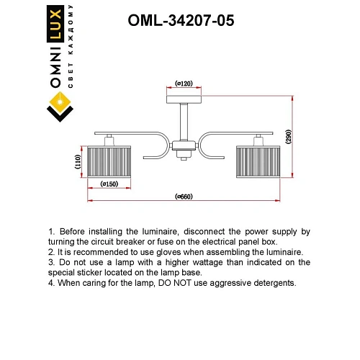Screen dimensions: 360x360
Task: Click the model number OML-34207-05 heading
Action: pos(180,21)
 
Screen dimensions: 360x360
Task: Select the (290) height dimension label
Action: pos(287,139)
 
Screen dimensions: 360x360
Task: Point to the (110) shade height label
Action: pos(78,162)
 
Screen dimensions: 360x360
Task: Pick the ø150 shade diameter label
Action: pos(109,184)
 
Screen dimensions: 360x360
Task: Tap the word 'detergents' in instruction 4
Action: pos(271,284)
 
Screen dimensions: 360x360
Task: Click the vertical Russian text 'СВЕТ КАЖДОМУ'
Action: pos(71,50)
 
